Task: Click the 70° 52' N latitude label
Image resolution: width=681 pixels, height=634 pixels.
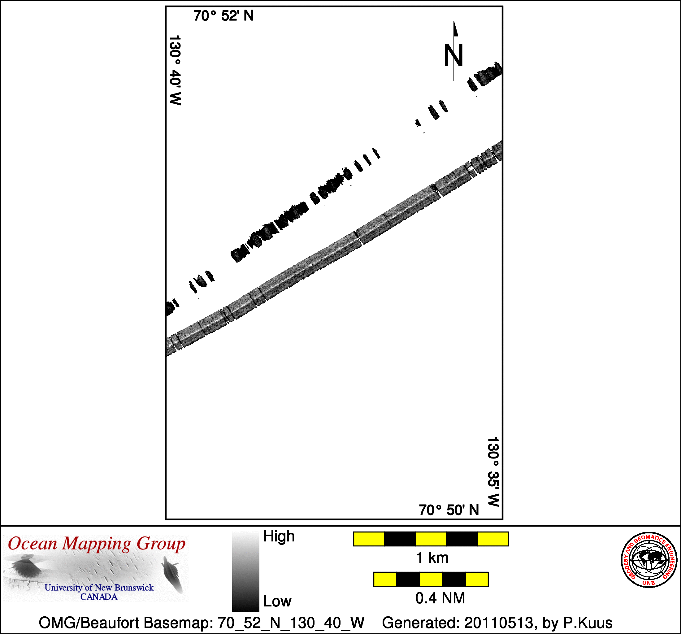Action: (x=223, y=16)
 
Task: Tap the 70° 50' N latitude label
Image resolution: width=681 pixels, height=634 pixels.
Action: (x=449, y=510)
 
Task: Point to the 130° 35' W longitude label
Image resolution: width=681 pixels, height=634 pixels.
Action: (x=493, y=472)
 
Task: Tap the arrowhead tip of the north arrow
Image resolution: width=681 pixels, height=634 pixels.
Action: (x=454, y=21)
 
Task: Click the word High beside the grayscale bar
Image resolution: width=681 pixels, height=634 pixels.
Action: (x=279, y=536)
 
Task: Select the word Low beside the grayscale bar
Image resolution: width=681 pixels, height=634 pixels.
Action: (x=277, y=601)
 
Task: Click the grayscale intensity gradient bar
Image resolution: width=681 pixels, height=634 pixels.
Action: (x=245, y=571)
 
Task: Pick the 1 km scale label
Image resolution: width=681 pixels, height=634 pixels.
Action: (x=432, y=558)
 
